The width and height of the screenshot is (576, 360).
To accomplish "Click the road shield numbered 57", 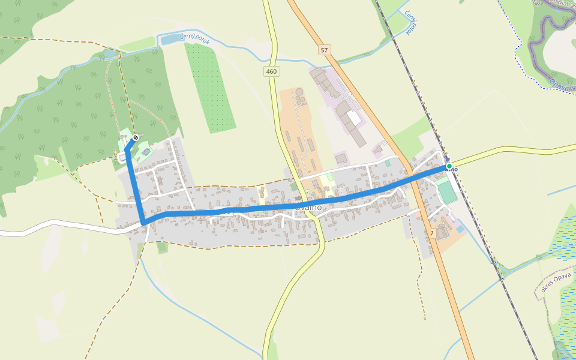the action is point(325,50).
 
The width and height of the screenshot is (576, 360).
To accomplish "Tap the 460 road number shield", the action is point(272,71).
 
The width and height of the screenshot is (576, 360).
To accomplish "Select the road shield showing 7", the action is point(432,232).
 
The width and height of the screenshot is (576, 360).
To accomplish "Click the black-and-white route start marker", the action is point(136,138).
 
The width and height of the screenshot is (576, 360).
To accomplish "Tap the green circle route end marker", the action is point(449,166).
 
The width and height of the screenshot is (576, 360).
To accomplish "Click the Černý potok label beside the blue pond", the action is point(199,38).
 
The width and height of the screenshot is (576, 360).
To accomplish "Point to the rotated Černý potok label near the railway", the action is point(410,22).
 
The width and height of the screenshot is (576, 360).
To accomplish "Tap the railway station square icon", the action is point(447,160).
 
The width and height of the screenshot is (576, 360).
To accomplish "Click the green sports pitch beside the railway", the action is point(446,193).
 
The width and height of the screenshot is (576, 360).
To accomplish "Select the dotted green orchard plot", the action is point(209,87).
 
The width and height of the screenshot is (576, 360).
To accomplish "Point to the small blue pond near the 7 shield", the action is point(460,229).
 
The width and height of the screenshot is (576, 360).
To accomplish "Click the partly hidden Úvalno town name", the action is point(308,207).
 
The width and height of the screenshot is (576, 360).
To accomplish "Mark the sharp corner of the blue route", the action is point(143,223).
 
